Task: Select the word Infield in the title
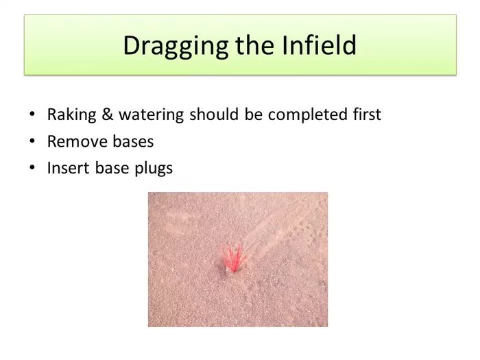[x=320, y=45]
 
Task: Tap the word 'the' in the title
[x=253, y=45]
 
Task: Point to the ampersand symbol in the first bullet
[x=106, y=115]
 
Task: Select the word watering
[x=151, y=115]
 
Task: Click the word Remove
[x=75, y=141]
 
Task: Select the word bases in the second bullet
[x=130, y=141]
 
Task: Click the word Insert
[x=67, y=168]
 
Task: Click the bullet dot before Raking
[x=32, y=115]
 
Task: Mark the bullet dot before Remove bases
[x=32, y=142]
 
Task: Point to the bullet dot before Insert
[x=32, y=169]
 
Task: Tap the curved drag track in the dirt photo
[x=274, y=226]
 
